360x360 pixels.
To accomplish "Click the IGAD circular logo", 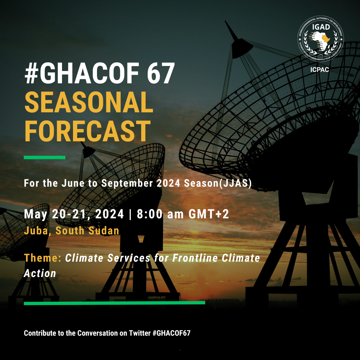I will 320,40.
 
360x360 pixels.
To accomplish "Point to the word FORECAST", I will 87,131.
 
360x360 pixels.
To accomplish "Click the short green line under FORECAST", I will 44,157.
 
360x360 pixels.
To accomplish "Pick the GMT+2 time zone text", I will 209,214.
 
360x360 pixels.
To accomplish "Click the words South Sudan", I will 87,231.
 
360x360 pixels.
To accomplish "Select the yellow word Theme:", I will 43,258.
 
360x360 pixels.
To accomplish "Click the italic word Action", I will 40,273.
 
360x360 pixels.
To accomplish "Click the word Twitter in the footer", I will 137,333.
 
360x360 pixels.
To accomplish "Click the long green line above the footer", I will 114,303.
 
